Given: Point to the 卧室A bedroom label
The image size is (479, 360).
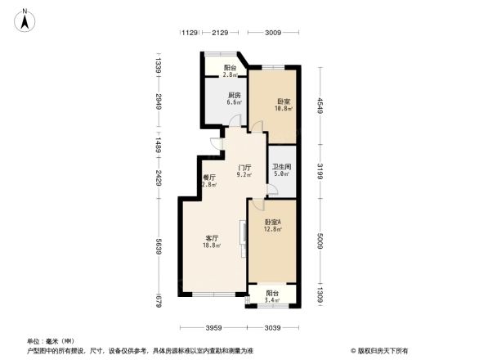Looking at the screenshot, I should [x=273, y=222].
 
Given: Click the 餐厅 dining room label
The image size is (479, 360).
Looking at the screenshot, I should [x=209, y=177].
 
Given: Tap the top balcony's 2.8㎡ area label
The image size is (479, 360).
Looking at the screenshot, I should [x=231, y=75].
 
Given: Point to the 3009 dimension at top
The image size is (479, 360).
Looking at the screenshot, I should [x=273, y=33].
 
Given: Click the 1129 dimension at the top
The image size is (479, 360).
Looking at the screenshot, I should [x=190, y=33].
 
